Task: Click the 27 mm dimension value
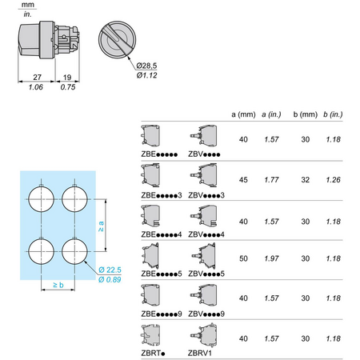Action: tap(38, 77)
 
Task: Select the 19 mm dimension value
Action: tap(67, 78)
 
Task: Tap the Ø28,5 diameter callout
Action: tap(146, 66)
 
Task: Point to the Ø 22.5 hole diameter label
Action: tap(110, 270)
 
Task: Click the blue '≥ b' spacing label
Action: tap(58, 285)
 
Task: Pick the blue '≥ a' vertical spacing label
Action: tap(101, 226)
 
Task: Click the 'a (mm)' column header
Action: tap(243, 114)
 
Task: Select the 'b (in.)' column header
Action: tap(333, 114)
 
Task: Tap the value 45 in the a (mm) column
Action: tap(243, 180)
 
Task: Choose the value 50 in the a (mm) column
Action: tap(243, 258)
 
